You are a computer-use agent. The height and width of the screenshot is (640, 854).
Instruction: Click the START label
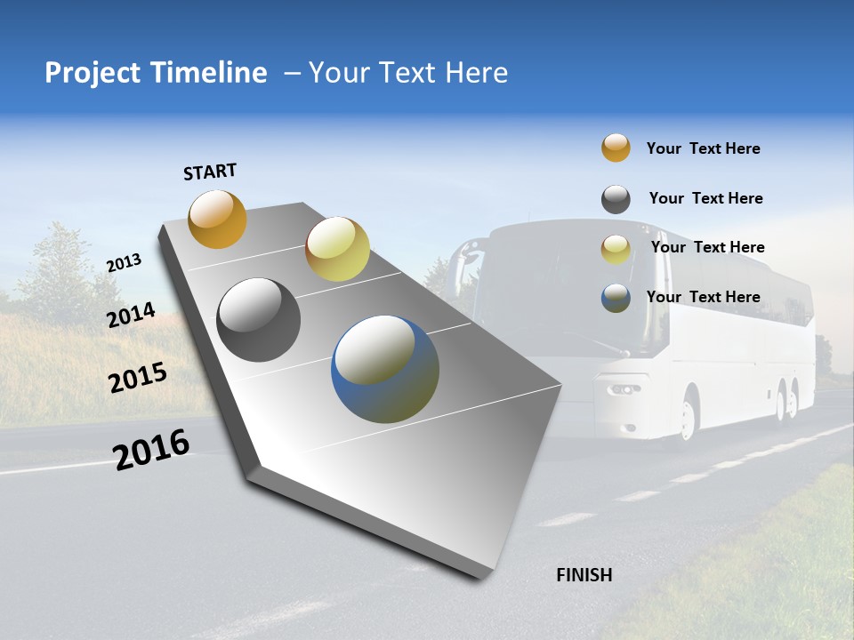(x=210, y=172)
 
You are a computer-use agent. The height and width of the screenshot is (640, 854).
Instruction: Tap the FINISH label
(x=584, y=575)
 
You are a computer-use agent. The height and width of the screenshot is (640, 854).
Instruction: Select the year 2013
(x=124, y=263)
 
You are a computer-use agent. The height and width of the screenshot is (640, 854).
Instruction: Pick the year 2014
(x=131, y=316)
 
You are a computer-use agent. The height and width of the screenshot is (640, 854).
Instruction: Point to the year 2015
(x=138, y=378)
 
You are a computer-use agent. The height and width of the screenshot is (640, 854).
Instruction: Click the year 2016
(x=151, y=449)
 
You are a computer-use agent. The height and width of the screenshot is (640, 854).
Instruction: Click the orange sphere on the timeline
(x=217, y=219)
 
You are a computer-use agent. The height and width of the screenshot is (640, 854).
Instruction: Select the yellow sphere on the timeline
(x=337, y=249)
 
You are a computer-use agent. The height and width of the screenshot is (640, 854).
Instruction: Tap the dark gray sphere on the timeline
(x=259, y=320)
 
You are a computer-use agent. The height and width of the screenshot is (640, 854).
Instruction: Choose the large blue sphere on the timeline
(x=385, y=369)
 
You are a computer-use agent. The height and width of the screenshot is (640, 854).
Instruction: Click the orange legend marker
(x=616, y=148)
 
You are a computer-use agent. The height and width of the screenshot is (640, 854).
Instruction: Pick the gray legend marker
(x=616, y=199)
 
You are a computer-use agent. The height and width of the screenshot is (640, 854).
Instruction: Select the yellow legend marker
(x=616, y=249)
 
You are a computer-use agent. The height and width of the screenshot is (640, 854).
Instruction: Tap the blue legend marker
(x=616, y=298)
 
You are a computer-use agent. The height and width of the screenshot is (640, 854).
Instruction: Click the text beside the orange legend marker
(x=703, y=148)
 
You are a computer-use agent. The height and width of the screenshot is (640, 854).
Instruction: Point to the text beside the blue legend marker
(x=703, y=297)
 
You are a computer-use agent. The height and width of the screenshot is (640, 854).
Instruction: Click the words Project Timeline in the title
(x=156, y=73)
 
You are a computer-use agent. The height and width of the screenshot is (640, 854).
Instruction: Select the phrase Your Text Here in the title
(x=407, y=73)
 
